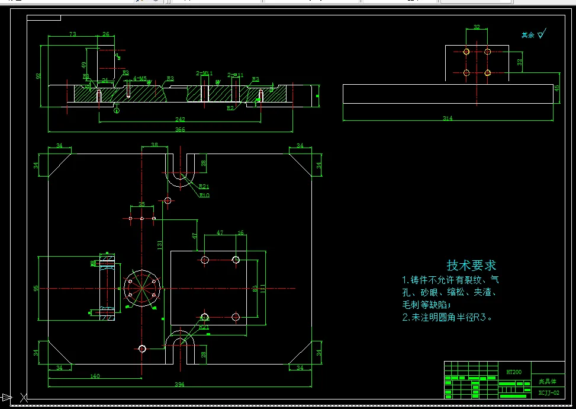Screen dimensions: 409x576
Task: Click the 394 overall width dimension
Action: (179, 385)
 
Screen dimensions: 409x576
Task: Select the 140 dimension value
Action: (95, 376)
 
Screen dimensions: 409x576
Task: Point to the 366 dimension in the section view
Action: (180, 130)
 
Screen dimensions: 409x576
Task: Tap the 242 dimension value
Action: (180, 120)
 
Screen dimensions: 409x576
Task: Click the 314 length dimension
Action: (447, 119)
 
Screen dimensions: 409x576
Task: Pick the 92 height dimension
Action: (39, 76)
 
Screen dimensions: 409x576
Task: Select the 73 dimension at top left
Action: (72, 34)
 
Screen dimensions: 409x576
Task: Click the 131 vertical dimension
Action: (160, 244)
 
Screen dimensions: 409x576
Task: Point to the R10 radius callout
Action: (204, 194)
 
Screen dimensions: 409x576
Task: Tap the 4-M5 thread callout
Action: (140, 78)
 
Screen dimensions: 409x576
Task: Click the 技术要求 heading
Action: (471, 266)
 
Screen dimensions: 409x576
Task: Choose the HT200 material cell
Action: (513, 372)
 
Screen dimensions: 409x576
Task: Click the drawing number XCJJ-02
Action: (548, 392)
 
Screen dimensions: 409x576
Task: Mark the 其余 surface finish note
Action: (527, 35)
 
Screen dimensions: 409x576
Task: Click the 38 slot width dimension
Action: (155, 145)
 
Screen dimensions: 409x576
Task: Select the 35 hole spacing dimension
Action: (141, 204)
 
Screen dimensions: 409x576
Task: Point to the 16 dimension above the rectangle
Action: (240, 234)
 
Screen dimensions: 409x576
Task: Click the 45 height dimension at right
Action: (556, 88)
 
